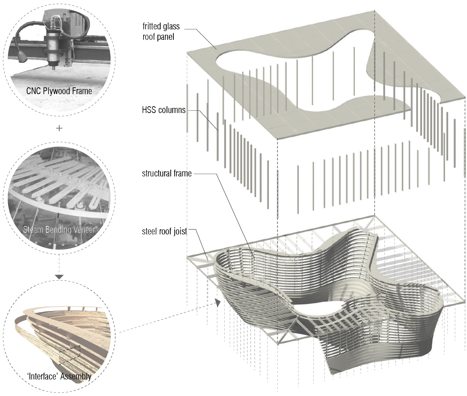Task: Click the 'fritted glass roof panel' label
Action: [x=161, y=31]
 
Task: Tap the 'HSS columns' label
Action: [x=163, y=110]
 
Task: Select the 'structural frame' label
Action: [x=166, y=173]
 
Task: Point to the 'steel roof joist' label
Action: [x=164, y=231]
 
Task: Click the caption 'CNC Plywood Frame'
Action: [x=59, y=91]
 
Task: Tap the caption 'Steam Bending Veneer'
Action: [x=59, y=230]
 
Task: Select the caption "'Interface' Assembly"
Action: [x=59, y=376]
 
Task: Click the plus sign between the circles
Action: [x=59, y=128]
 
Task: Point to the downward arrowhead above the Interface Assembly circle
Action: [x=59, y=277]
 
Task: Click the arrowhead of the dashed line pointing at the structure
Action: [x=218, y=303]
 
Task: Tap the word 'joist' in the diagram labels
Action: [x=180, y=231]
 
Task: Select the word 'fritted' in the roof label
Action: [x=151, y=26]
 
